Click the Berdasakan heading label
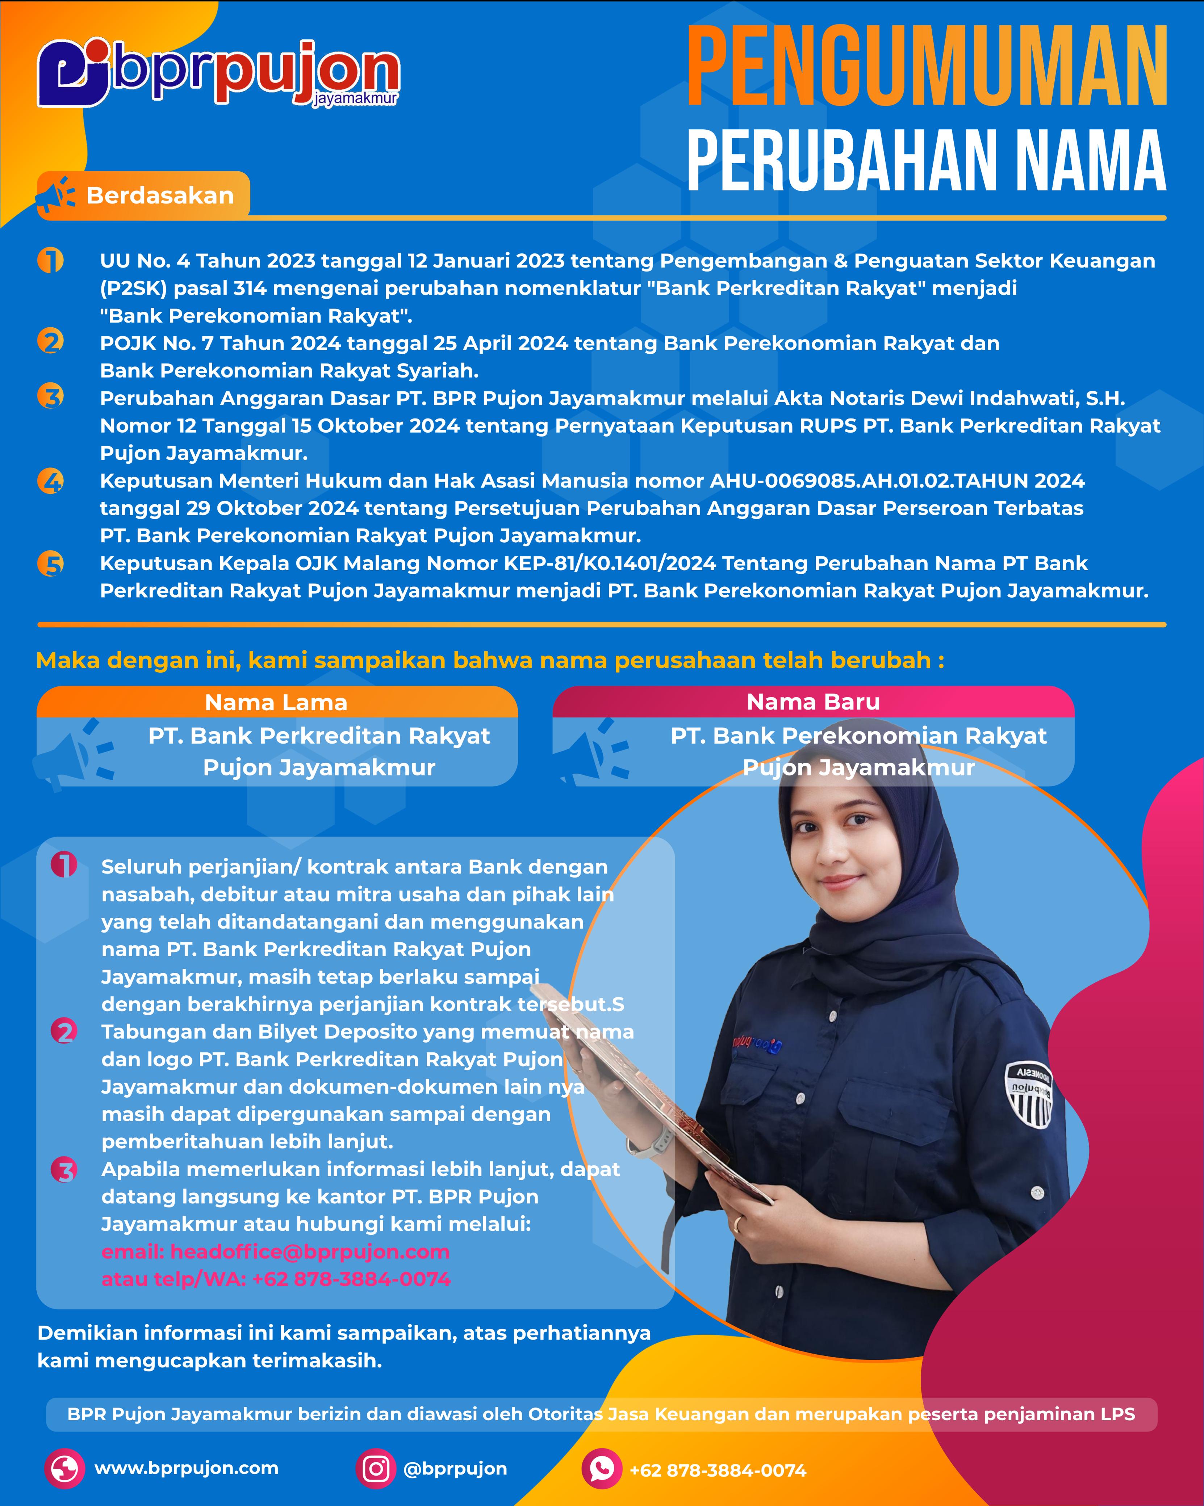[159, 195]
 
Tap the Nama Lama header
[276, 702]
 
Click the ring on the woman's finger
[737, 1223]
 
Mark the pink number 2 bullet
[64, 1032]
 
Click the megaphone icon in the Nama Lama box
[74, 754]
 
